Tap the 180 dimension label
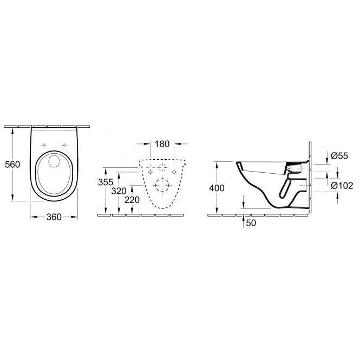[x=162, y=144]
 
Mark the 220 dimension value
[x=132, y=200]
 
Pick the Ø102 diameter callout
[x=341, y=185]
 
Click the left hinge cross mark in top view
[x=43, y=145]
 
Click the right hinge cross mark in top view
[x=64, y=145]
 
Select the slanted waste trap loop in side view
[x=285, y=187]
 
